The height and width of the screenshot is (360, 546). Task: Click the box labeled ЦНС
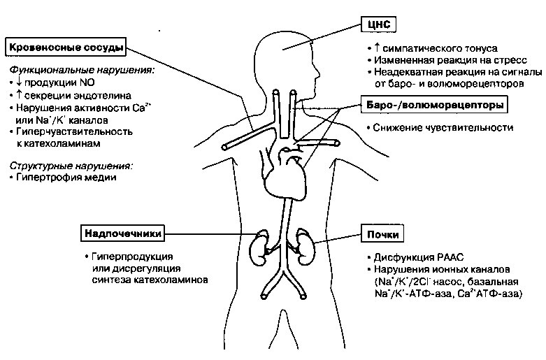point(378,24)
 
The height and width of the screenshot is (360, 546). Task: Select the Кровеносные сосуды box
point(66,48)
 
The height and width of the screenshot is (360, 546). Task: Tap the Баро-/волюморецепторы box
point(434,105)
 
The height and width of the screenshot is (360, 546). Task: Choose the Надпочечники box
point(122,233)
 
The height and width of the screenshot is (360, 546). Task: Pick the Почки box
point(382,234)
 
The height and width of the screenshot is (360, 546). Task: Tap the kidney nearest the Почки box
point(306,247)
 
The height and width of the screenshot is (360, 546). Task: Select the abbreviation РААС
point(450,258)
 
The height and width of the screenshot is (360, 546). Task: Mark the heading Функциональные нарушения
point(82,71)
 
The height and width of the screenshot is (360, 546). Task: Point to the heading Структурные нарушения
point(71,166)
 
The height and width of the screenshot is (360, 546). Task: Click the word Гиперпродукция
point(132,257)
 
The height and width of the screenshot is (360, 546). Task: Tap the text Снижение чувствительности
point(443,128)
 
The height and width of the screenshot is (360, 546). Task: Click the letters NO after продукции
point(87,82)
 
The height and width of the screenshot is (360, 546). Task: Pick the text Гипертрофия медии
point(66,178)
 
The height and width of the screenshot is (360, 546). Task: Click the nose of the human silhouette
point(317,73)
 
